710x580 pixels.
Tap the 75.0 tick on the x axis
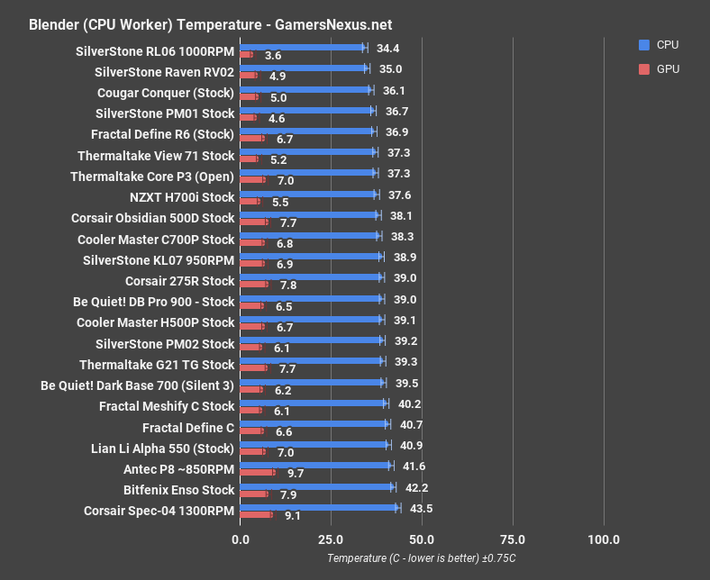click(513, 539)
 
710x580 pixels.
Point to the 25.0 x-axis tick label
click(331, 539)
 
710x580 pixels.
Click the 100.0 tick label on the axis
click(604, 539)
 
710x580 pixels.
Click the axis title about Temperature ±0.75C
click(421, 559)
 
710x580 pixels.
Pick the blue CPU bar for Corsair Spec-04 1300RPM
click(319, 507)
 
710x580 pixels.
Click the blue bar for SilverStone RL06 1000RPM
click(303, 47)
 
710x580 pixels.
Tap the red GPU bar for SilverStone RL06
click(246, 55)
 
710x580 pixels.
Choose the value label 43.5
click(419, 508)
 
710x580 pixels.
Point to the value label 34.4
click(388, 47)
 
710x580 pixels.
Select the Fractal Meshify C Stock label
click(167, 406)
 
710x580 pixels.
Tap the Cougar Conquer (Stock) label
click(166, 93)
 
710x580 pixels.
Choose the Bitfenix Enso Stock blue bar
click(317, 486)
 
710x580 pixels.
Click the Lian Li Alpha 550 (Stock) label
click(163, 449)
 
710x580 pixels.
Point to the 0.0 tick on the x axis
click(240, 539)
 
